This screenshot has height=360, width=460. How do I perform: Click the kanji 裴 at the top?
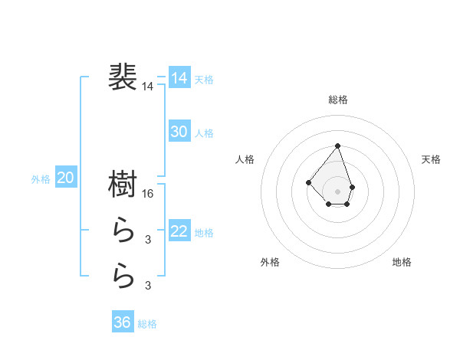click(123, 77)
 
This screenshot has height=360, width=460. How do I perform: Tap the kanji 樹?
click(123, 184)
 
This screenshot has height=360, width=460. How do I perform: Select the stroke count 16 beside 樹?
click(149, 194)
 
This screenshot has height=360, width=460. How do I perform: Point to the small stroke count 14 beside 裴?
click(147, 87)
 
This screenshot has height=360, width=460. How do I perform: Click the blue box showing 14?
click(179, 77)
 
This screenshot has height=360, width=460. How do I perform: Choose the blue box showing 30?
click(179, 131)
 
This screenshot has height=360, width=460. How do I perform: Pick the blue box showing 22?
click(179, 231)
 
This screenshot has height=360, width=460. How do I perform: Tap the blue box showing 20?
click(66, 178)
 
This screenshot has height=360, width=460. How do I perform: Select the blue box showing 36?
click(123, 322)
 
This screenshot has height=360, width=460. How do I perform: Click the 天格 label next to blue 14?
click(204, 80)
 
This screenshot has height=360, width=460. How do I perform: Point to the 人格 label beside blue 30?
click(204, 133)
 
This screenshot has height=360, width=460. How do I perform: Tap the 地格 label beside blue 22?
click(204, 233)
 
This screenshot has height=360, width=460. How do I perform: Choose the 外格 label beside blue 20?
click(41, 179)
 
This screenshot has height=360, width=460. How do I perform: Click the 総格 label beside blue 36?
click(147, 325)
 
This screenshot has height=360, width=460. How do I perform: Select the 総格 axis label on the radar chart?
click(338, 100)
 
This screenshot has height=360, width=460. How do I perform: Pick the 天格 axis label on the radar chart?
click(432, 159)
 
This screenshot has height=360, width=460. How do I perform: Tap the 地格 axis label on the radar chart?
click(402, 262)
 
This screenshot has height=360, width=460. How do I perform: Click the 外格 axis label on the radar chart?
click(270, 262)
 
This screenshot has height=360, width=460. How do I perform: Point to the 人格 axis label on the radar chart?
click(245, 159)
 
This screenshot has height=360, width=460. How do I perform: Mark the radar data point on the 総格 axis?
click(338, 146)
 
